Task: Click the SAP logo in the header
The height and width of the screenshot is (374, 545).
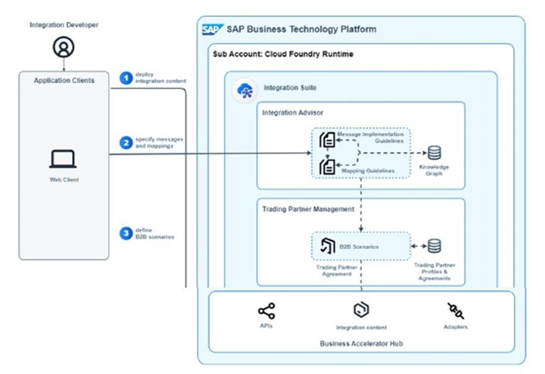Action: [212, 29]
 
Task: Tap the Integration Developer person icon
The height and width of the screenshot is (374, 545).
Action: [63, 48]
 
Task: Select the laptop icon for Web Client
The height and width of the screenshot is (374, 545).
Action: [63, 159]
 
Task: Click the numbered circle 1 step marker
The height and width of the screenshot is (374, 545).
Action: [126, 77]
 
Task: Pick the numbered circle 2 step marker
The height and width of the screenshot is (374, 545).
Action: [126, 141]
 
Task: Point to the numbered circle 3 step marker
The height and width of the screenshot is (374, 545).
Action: [126, 233]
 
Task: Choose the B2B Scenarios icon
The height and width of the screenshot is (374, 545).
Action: [328, 246]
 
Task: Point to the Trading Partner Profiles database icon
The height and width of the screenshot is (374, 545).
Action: [434, 246]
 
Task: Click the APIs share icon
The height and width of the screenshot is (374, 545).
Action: [266, 310]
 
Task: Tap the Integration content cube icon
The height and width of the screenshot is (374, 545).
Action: [361, 310]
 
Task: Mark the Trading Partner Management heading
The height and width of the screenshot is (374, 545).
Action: [308, 209]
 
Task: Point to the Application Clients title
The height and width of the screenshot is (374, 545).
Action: [64, 79]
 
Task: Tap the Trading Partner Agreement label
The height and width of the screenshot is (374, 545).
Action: [335, 270]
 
